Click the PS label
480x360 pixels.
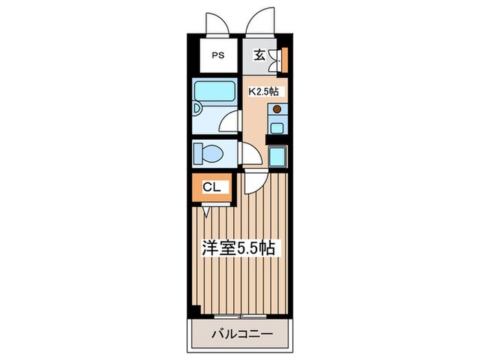tap(219, 56)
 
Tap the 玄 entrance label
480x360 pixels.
tap(259, 55)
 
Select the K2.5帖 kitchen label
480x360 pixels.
tap(263, 91)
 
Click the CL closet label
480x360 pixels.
tap(212, 187)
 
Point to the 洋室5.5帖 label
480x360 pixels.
tap(238, 248)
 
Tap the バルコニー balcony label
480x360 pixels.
tap(242, 334)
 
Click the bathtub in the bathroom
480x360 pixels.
tap(215, 91)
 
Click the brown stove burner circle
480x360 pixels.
tap(277, 109)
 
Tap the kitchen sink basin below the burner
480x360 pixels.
tap(276, 128)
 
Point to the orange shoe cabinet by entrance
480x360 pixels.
tap(285, 60)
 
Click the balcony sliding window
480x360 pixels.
tap(240, 316)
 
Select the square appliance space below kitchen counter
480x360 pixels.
tap(277, 156)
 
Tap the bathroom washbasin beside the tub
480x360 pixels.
tap(196, 109)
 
